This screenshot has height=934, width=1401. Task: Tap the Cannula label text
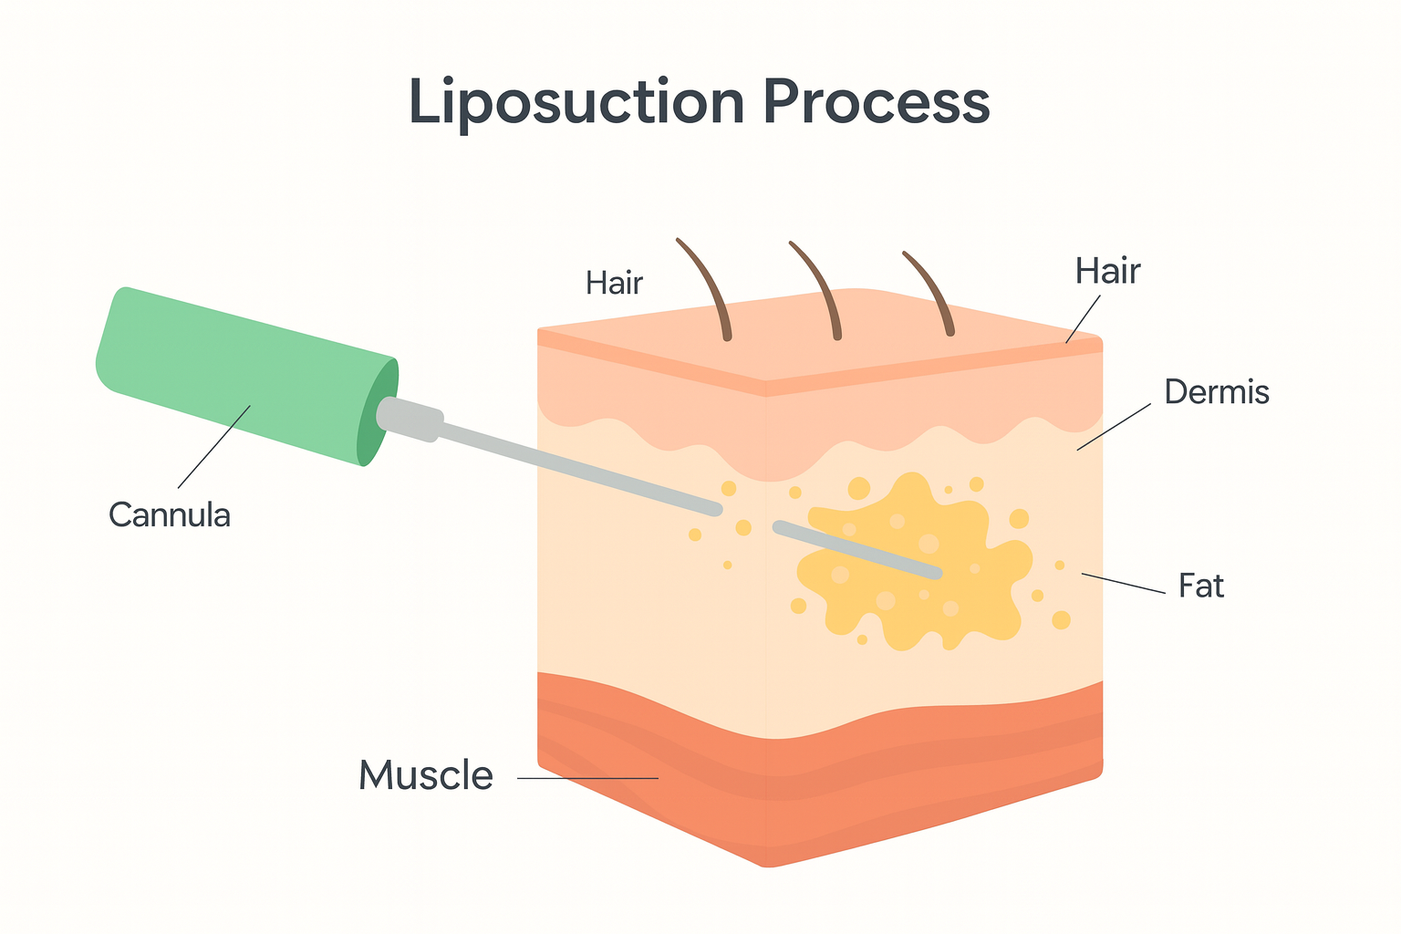click(x=170, y=515)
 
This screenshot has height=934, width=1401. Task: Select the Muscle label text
click(x=426, y=776)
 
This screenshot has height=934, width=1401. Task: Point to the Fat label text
click(x=1200, y=586)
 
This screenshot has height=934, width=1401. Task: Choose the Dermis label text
click(x=1217, y=392)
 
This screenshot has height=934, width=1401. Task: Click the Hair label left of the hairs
click(x=615, y=284)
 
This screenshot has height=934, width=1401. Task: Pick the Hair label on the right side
click(x=1107, y=272)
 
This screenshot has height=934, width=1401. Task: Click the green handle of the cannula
click(x=237, y=374)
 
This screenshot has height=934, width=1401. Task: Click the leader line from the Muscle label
click(x=588, y=778)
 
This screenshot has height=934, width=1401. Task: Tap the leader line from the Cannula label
click(x=214, y=447)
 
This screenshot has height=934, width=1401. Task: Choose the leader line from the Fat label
click(x=1124, y=584)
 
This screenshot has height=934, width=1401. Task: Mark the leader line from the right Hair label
click(x=1084, y=319)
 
